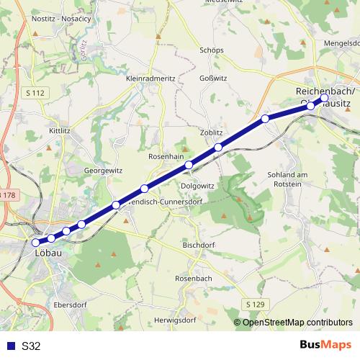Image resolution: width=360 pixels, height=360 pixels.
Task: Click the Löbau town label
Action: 48,253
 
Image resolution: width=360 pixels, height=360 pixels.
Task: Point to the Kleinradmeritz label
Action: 150,78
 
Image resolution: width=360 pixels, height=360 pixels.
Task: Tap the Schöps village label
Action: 212,50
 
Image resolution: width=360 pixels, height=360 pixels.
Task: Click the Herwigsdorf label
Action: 174,320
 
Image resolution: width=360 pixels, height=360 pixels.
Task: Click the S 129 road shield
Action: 255,305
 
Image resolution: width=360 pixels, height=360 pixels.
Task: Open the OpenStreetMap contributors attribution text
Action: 297,322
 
